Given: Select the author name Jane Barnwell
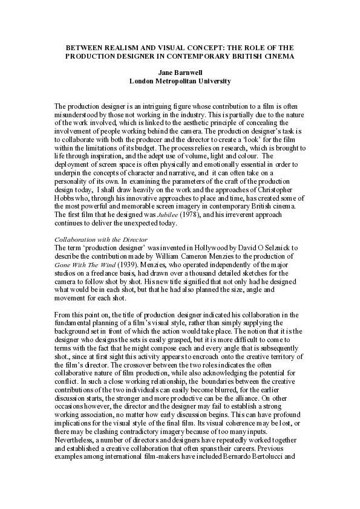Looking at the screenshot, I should click(180, 71).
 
